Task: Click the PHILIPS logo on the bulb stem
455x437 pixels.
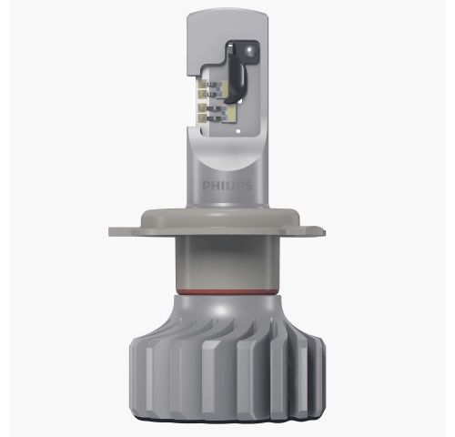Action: pyautogui.click(x=227, y=186)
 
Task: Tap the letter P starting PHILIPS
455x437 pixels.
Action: pyautogui.click(x=206, y=186)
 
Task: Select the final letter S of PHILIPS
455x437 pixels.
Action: pyautogui.click(x=248, y=186)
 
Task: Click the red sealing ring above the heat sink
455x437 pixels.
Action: pyautogui.click(x=227, y=292)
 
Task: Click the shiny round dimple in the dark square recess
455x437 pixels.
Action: pyautogui.click(x=249, y=50)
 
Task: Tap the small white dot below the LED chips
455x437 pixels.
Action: pyautogui.click(x=238, y=131)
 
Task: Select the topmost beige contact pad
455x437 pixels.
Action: pyautogui.click(x=202, y=84)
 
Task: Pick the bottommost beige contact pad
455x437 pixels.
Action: pyautogui.click(x=202, y=118)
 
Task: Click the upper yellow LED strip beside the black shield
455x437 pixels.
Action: pyautogui.click(x=226, y=87)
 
